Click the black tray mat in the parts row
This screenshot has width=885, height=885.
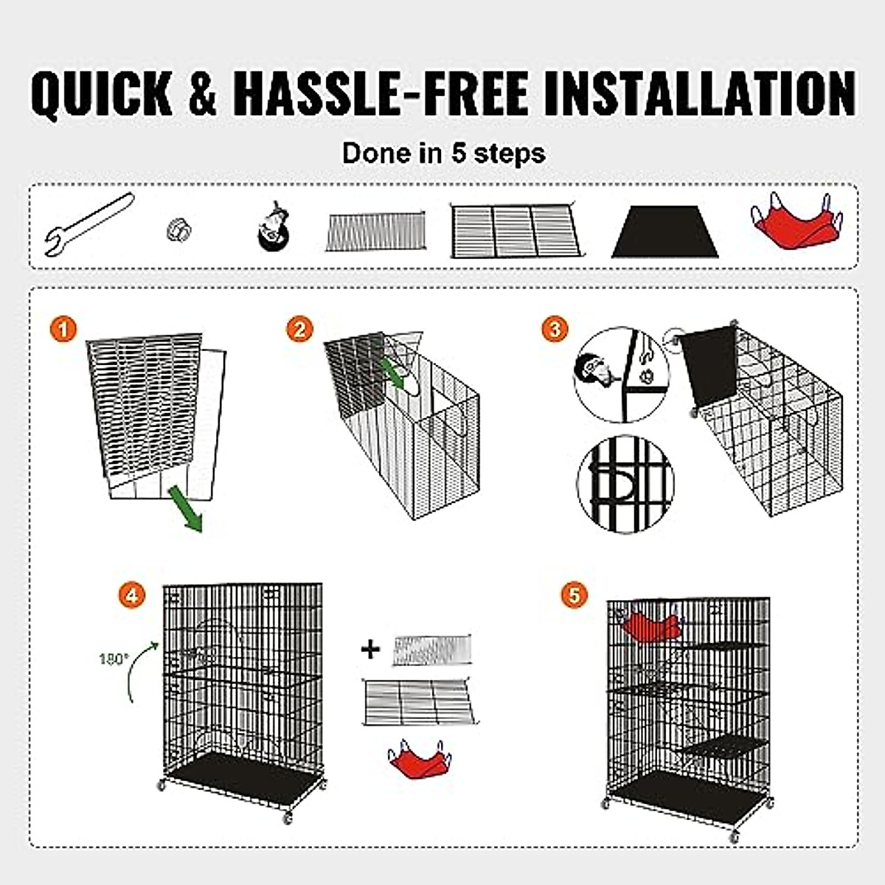665,232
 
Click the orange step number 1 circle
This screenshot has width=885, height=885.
65,329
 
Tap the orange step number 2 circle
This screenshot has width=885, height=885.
299,329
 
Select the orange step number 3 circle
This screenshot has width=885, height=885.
555,329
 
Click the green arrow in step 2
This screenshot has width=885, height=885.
396,372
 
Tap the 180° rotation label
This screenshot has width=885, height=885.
112,659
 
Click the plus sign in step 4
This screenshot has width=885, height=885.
371,649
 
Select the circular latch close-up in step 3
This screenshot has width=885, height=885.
625,484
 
